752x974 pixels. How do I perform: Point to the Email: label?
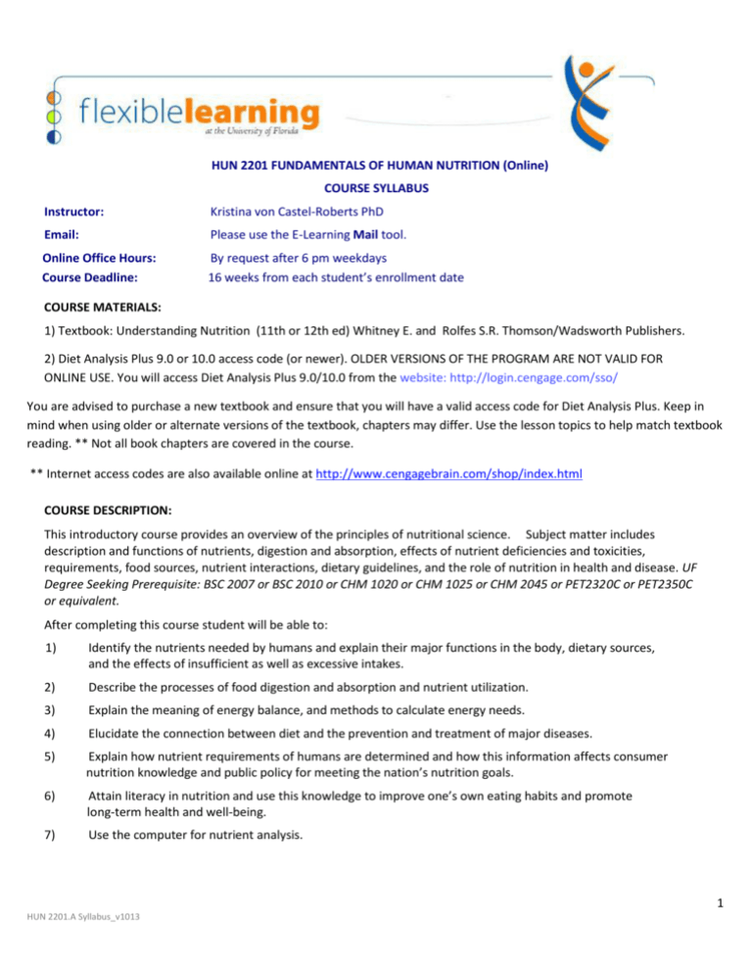coord(61,235)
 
